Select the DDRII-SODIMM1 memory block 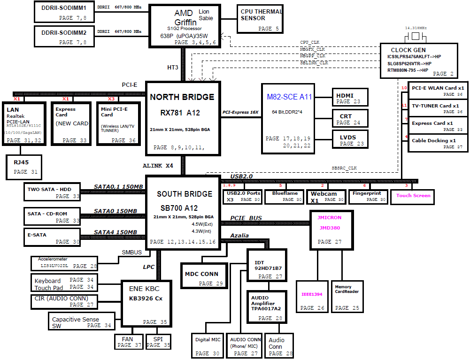[64, 11]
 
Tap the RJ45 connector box [25, 167]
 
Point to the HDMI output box [349, 98]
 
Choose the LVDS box [349, 139]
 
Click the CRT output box [349, 118]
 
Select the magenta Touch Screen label [413, 196]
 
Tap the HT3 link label [173, 67]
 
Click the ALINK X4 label [158, 166]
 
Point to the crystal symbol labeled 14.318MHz [416, 37]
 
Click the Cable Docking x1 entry [433, 143]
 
